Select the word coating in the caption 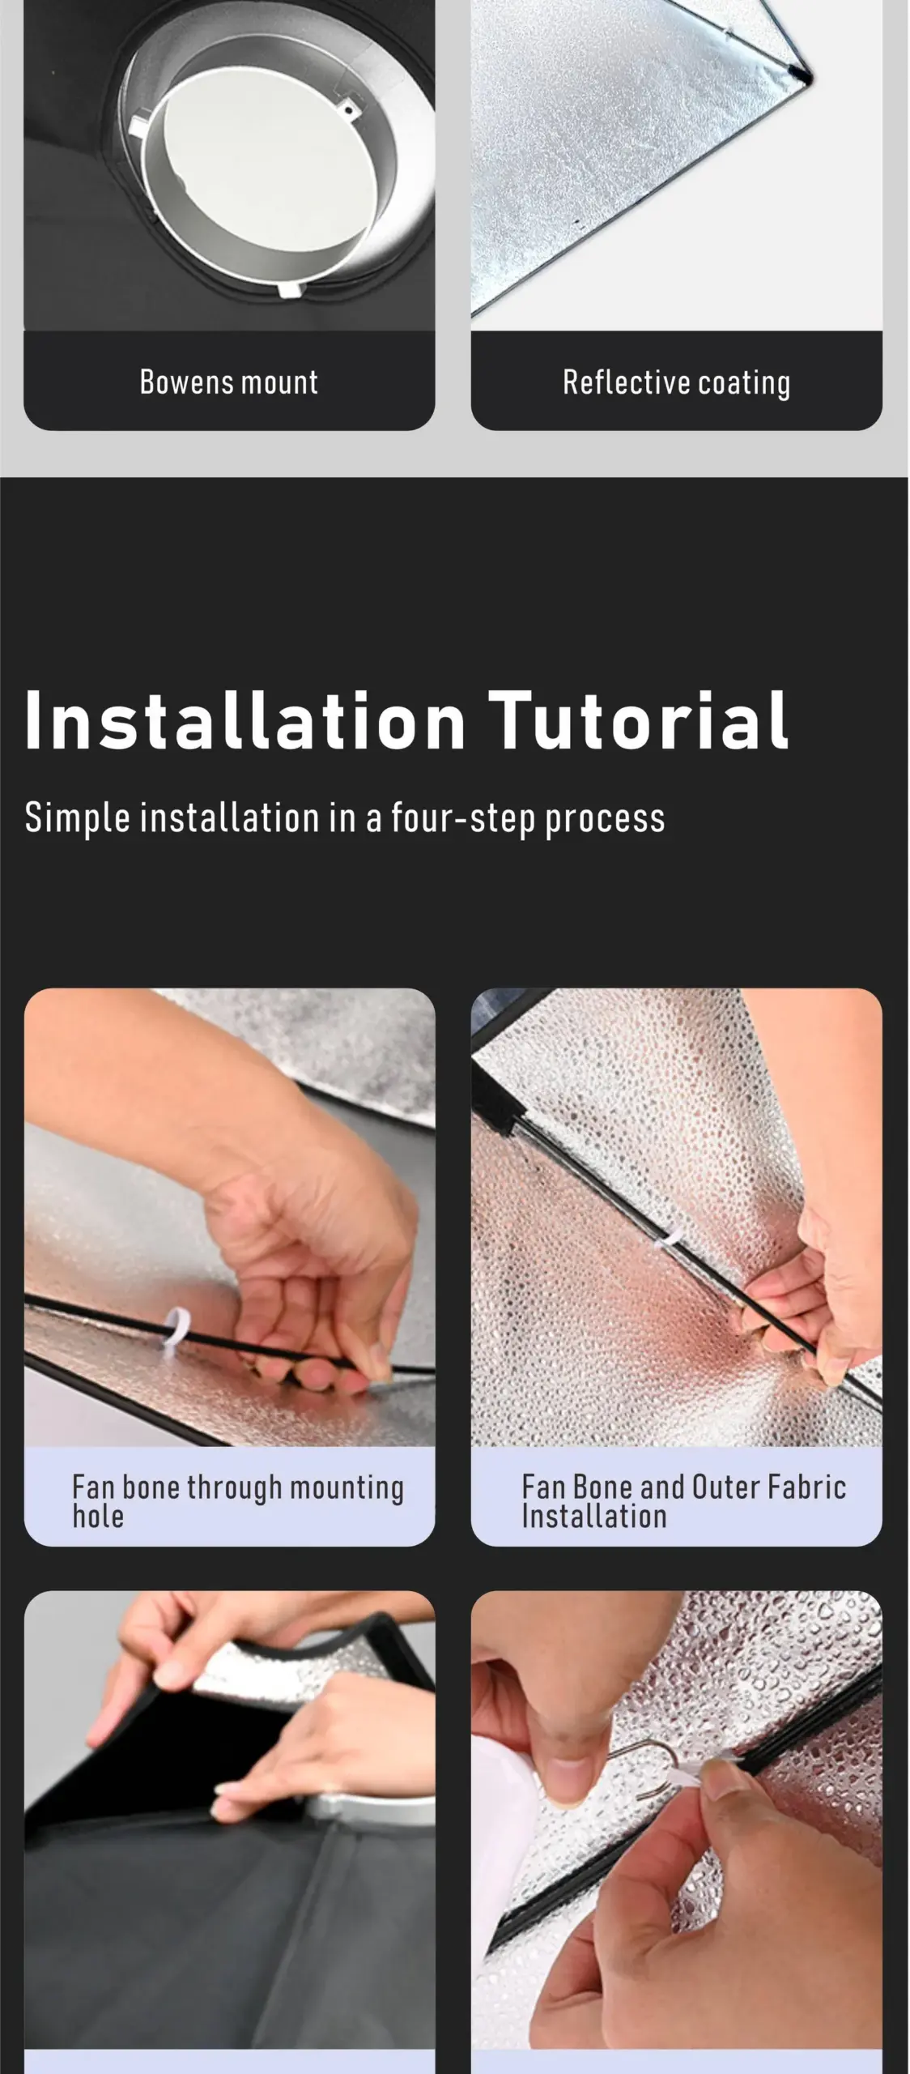pos(744,383)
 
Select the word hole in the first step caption pos(98,1516)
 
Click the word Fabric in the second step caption pos(807,1487)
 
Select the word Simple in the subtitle pos(77,818)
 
